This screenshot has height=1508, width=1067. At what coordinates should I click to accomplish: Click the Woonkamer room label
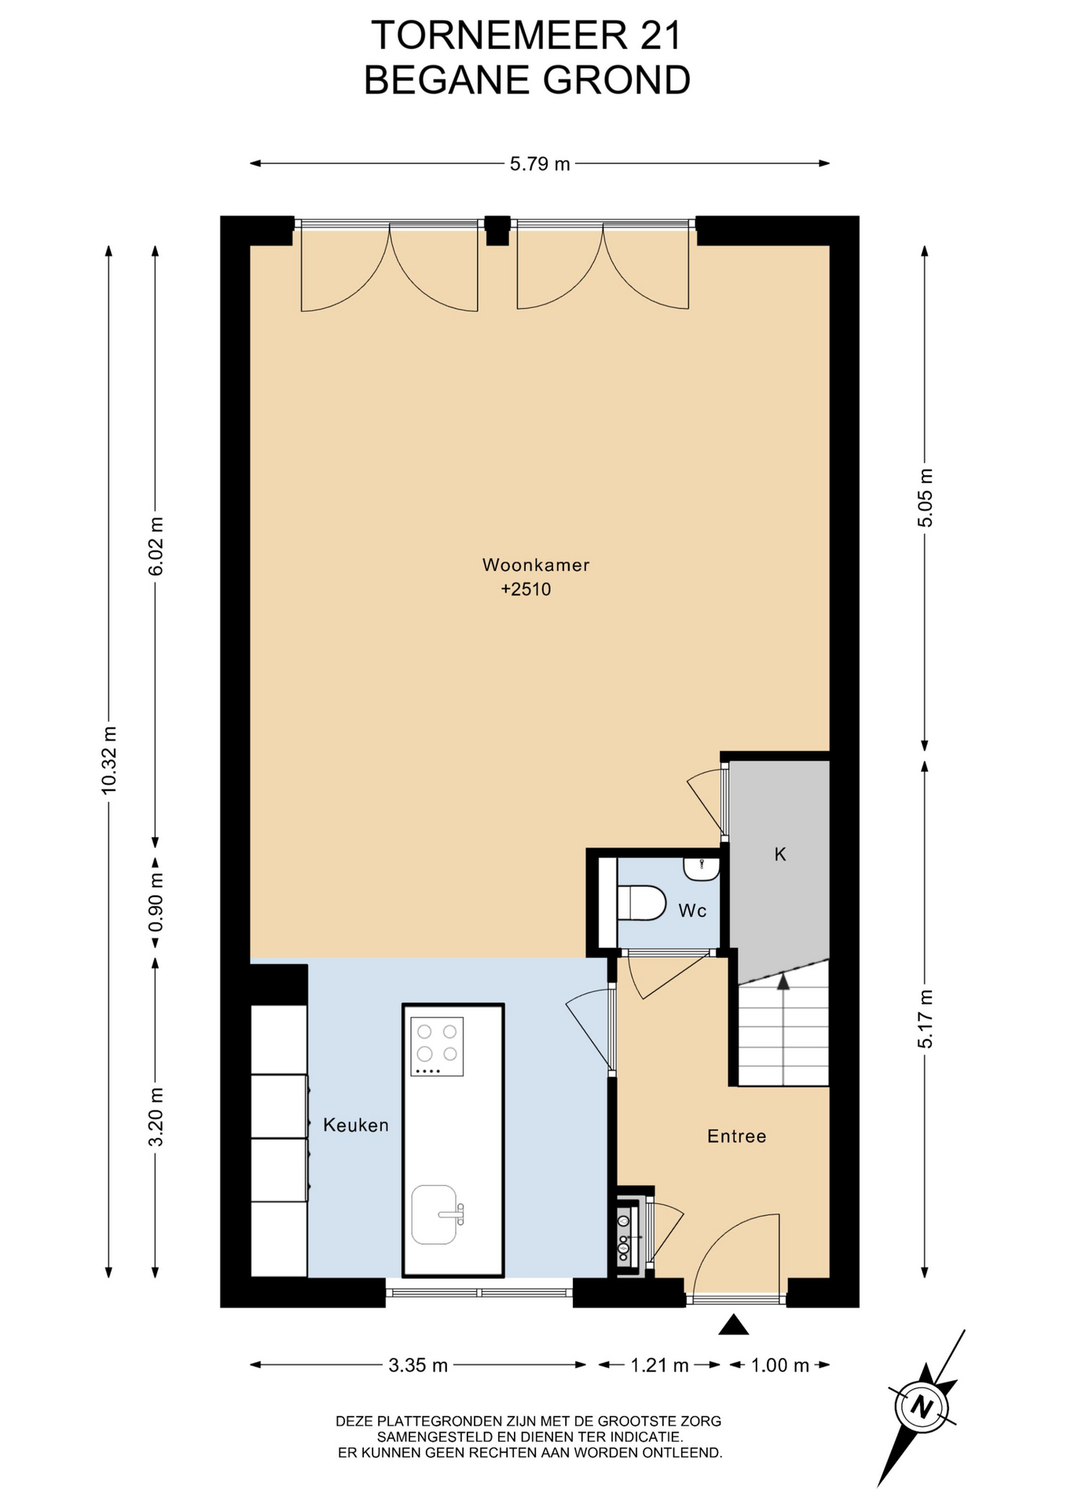536,565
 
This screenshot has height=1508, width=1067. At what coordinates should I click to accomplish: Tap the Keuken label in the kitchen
356,1126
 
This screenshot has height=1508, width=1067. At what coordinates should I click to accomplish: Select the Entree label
736,1136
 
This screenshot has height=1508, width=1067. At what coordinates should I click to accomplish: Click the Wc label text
692,911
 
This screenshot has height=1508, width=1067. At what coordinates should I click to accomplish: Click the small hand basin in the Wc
701,869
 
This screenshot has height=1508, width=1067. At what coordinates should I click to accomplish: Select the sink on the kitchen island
434,1215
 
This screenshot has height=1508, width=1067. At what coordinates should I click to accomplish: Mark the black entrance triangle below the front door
734,1324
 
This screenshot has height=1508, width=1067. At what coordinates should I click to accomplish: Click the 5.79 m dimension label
540,164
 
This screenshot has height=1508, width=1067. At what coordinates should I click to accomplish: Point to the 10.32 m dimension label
109,759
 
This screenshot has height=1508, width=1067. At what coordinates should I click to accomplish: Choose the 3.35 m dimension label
418,1366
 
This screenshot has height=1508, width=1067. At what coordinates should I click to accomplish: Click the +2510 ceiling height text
526,589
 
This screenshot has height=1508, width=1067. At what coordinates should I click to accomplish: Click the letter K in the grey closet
780,855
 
